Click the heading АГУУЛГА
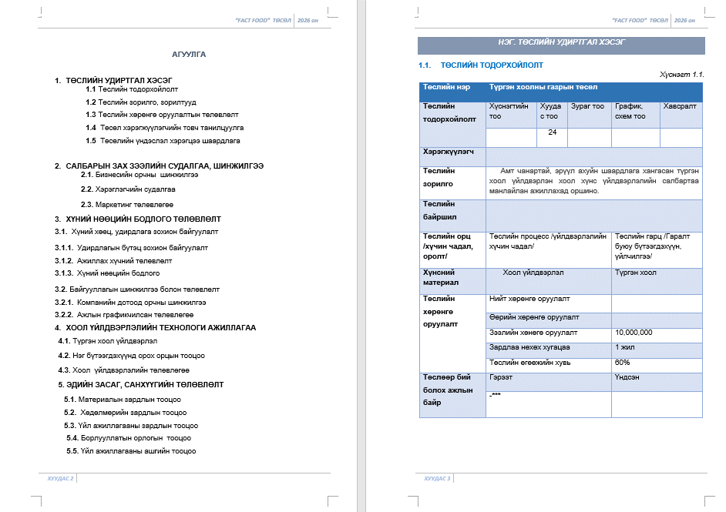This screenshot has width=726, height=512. click(x=188, y=55)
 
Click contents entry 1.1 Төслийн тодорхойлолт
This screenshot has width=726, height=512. click(x=132, y=89)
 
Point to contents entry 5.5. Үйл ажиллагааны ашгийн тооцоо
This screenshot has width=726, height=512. click(x=131, y=450)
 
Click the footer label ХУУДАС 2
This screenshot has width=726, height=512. click(x=61, y=478)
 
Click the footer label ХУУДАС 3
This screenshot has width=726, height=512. click(x=437, y=478)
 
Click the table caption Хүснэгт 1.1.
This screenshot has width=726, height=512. click(x=682, y=75)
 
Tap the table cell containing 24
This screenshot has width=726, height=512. click(x=552, y=133)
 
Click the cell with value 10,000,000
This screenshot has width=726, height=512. click(x=634, y=333)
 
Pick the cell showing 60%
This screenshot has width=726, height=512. click(x=623, y=363)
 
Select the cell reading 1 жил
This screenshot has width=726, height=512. click(x=625, y=348)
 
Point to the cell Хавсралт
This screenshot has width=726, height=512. click(x=679, y=106)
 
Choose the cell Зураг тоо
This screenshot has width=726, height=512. click(x=587, y=106)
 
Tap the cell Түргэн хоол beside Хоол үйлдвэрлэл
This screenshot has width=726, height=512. click(x=636, y=273)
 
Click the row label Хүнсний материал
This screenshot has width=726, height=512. click(x=439, y=277)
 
